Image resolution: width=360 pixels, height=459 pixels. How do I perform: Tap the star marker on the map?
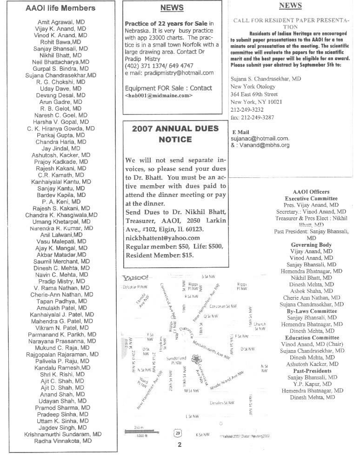tap(197, 359)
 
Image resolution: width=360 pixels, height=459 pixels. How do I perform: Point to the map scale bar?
tap(138, 432)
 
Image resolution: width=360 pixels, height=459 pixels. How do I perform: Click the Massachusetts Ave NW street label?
tap(212, 349)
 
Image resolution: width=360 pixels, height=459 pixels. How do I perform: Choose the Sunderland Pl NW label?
tap(176, 361)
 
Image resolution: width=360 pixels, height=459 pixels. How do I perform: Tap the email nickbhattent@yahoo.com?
tap(162, 238)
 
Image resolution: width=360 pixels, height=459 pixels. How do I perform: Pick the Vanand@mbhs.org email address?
tap(263, 145)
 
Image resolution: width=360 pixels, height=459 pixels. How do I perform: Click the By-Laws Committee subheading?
tap(311, 311)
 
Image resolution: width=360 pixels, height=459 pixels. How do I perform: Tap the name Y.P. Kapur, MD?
tap(311, 384)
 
